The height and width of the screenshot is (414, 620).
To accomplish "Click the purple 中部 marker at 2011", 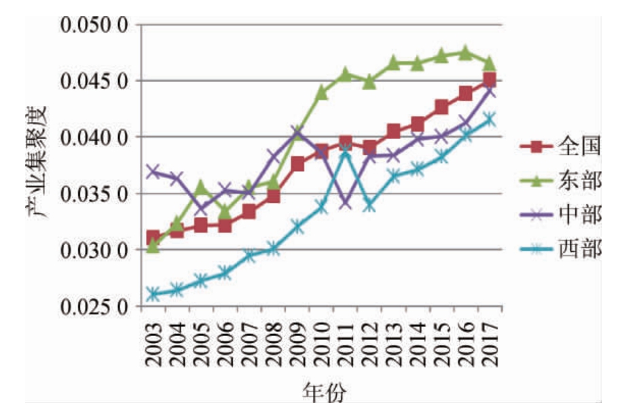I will (x=346, y=202).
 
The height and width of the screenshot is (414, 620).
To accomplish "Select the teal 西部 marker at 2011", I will (x=346, y=151).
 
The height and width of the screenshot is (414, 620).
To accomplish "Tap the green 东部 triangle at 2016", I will (x=465, y=52).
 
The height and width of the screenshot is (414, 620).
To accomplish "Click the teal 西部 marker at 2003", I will (x=153, y=294).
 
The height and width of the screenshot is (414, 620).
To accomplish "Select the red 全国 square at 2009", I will (x=297, y=164).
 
